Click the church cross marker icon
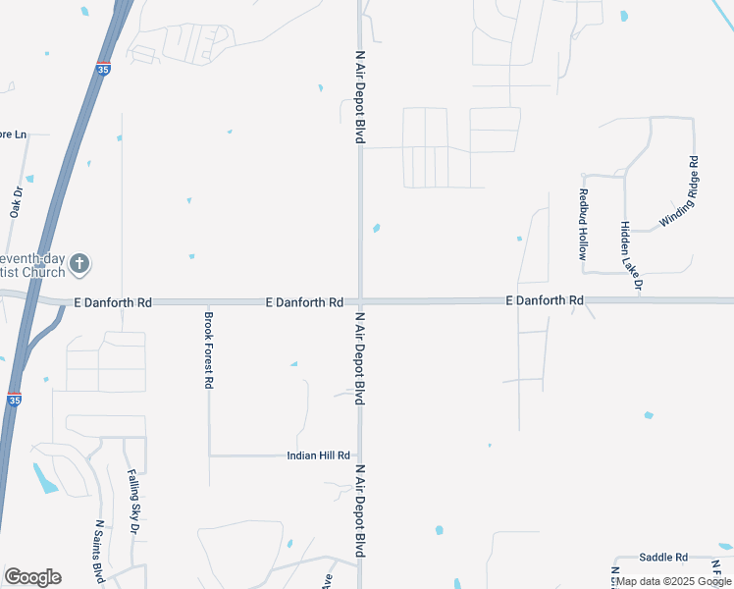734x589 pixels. [80, 263]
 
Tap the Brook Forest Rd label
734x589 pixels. [208, 350]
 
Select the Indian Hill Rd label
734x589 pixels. [318, 455]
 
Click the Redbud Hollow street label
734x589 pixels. [583, 223]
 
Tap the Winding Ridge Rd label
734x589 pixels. [678, 192]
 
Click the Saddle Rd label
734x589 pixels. [663, 557]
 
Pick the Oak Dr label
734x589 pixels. [16, 202]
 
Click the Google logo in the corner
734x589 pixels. [32, 577]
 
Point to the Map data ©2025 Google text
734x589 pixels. [674, 581]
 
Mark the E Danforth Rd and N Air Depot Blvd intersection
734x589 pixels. [360, 301]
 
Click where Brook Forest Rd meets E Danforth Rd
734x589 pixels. [208, 303]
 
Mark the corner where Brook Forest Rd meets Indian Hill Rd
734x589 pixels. [209, 455]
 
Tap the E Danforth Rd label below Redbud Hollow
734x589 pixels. [545, 299]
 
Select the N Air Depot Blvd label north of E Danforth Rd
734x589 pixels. [359, 96]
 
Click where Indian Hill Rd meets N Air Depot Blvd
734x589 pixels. [360, 455]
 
